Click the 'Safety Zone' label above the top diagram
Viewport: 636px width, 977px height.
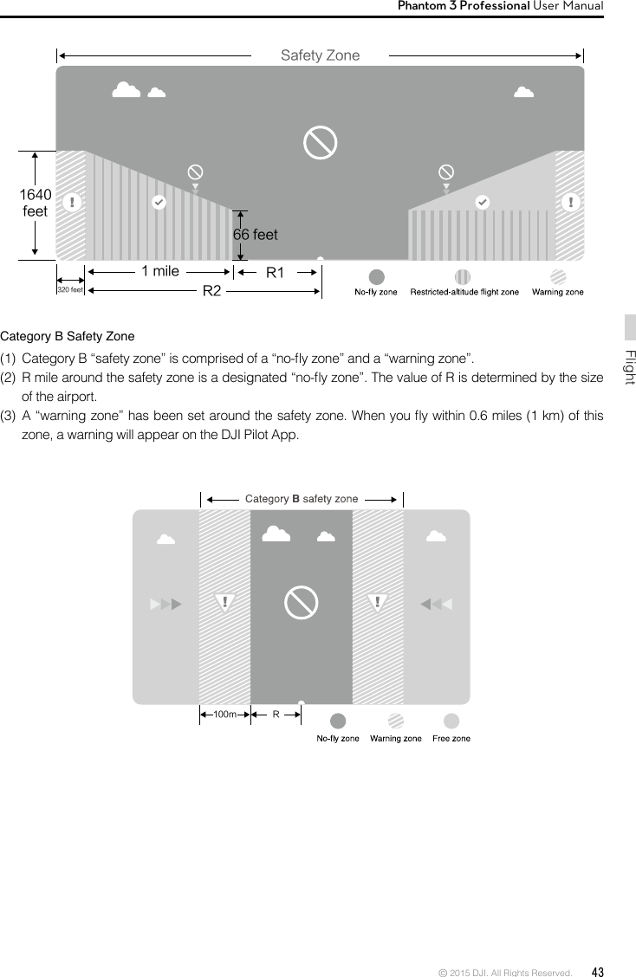pos(320,55)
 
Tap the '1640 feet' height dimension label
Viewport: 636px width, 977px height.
pos(35,203)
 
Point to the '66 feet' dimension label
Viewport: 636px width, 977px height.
pos(256,235)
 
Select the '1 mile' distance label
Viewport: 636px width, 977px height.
pos(160,271)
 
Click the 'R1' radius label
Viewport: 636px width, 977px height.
pos(275,273)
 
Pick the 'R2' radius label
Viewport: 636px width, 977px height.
pos(212,291)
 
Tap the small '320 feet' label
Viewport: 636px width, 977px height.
pos(69,290)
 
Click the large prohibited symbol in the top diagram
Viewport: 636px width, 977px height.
pos(320,143)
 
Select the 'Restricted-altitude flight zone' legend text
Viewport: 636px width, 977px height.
pos(464,292)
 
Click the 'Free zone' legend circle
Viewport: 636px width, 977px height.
pos(451,721)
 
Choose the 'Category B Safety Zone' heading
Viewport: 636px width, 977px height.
pos(68,336)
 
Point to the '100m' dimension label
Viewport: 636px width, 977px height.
pos(224,715)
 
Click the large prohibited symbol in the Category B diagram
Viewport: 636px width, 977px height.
pos(302,603)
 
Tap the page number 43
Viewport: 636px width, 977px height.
pos(598,971)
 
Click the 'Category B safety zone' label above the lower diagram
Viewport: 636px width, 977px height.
pos(302,499)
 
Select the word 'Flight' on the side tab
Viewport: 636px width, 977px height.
pos(630,368)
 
